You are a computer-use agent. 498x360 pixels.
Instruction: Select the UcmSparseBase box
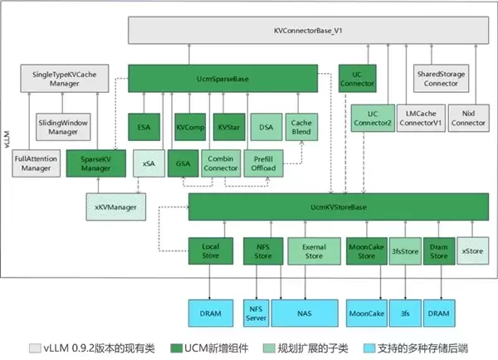[x=223, y=79]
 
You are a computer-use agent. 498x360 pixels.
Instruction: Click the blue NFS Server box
[x=257, y=313]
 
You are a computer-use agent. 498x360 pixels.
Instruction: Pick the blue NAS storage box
[x=309, y=313]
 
